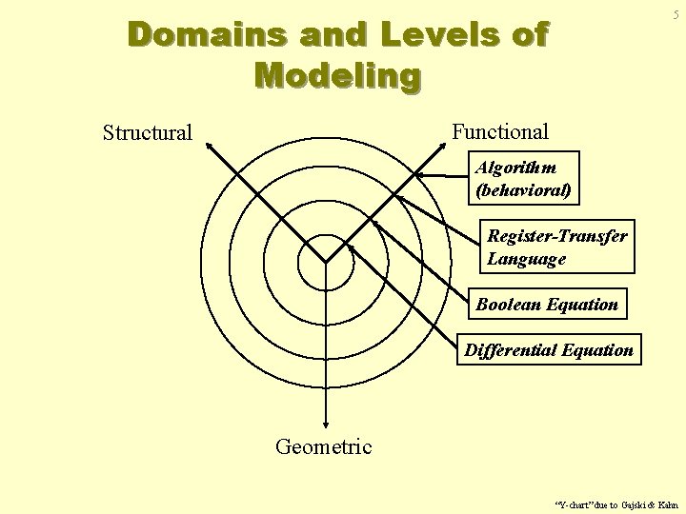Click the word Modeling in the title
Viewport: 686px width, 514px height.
coord(337,74)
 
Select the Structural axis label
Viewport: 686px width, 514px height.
coord(148,132)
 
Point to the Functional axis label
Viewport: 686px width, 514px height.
coord(500,131)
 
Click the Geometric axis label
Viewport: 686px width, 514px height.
coord(324,445)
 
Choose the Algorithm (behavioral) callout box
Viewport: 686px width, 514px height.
coord(524,178)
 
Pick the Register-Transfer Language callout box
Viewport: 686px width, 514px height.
coord(556,247)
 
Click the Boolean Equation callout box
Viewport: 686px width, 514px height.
coord(547,304)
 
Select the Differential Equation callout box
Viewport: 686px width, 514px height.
coord(549,349)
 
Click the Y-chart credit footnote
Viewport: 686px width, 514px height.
coord(615,504)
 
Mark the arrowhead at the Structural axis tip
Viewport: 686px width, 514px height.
coord(209,146)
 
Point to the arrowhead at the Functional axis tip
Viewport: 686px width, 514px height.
coord(444,145)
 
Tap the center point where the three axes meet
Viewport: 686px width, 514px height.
coord(326,262)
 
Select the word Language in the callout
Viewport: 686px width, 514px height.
coord(527,258)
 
